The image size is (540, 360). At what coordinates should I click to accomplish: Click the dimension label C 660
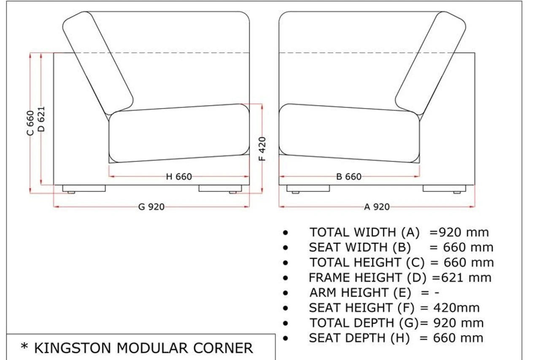(30, 123)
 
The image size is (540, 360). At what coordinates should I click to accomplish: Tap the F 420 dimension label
(262, 149)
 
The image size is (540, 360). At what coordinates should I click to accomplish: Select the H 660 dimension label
(179, 177)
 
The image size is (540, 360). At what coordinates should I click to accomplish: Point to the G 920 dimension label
(151, 207)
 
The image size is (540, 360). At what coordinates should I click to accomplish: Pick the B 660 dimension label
(349, 177)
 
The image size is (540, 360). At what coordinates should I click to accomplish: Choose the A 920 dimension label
(377, 207)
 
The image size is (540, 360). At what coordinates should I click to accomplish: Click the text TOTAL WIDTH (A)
(364, 232)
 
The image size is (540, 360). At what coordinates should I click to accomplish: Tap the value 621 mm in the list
(465, 278)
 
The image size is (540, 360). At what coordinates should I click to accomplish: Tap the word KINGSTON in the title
(72, 348)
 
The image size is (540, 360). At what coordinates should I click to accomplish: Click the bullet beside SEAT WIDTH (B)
(286, 248)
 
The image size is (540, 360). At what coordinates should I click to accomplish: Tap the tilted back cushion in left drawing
(98, 63)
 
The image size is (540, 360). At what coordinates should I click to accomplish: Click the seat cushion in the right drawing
(349, 133)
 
